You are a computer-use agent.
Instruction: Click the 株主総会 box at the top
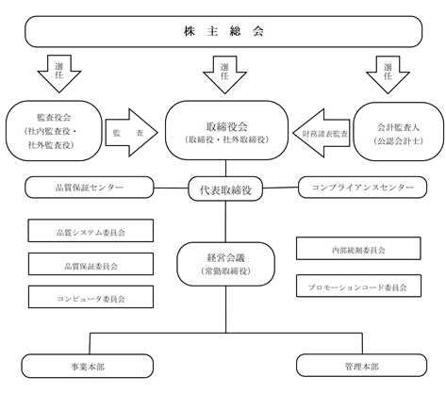[223, 32]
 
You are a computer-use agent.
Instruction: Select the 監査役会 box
[54, 131]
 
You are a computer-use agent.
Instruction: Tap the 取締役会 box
[226, 130]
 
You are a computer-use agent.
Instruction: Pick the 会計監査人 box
[398, 132]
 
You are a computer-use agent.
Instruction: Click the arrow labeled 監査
[131, 133]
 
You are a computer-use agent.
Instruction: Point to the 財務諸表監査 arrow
[322, 133]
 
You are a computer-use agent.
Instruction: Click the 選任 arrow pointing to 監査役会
[59, 74]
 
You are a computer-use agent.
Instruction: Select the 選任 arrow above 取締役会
[224, 74]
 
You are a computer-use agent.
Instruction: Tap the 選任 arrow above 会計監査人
[388, 74]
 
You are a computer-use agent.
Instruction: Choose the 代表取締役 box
[225, 189]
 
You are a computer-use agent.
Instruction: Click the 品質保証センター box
[90, 188]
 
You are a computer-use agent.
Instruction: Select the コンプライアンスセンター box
[362, 188]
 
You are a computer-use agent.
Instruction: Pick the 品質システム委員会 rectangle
[91, 231]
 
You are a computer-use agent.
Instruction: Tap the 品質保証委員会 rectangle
[91, 264]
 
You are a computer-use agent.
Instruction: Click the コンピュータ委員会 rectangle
[91, 297]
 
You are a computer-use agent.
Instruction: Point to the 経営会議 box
[226, 264]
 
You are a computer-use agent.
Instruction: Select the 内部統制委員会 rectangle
[358, 249]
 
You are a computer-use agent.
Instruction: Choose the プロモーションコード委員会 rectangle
[358, 286]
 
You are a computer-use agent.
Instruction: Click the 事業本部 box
[88, 366]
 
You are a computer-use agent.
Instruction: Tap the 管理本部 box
[362, 366]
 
